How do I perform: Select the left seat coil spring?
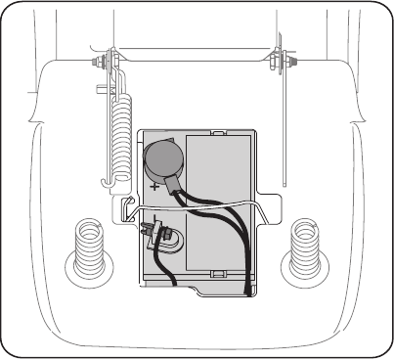[91, 245]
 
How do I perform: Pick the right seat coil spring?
[306, 245]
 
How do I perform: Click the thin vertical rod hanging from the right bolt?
[284, 127]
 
